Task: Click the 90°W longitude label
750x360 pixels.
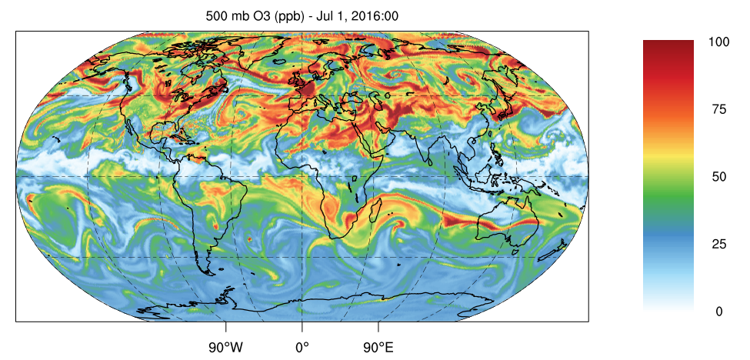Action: tap(225, 347)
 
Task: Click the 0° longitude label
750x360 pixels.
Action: tap(302, 347)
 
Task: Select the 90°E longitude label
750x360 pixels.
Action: tap(378, 347)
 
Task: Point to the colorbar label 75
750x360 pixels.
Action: tap(718, 109)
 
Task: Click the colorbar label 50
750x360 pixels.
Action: tap(718, 177)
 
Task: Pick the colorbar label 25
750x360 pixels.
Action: tap(718, 245)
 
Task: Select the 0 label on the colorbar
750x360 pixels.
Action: tap(718, 312)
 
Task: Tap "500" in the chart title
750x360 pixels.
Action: tap(217, 15)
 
